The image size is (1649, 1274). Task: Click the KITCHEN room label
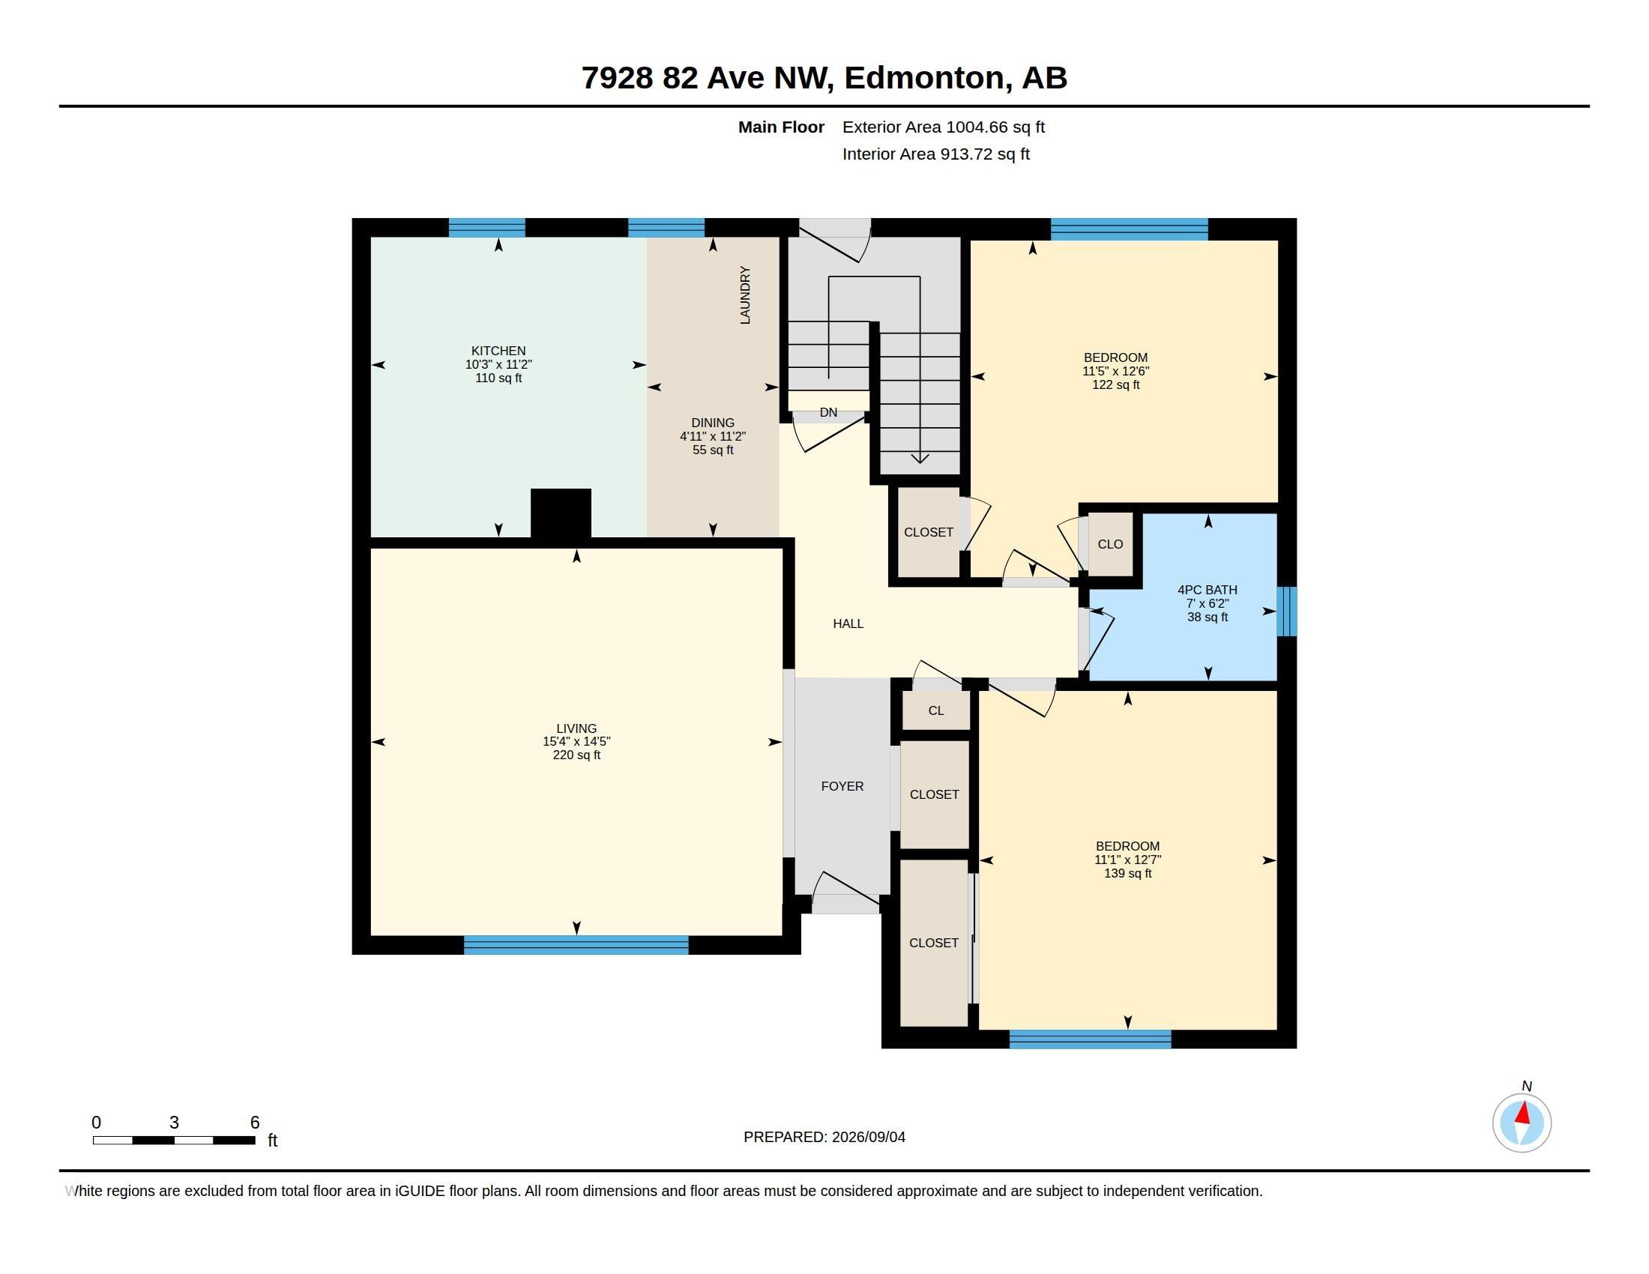(x=498, y=351)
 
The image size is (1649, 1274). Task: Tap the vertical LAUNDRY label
(x=745, y=295)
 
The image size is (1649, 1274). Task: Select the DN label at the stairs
(x=828, y=412)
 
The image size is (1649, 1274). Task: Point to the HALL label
(x=848, y=624)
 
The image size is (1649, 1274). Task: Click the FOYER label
(x=842, y=786)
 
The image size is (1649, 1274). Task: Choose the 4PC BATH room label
(x=1208, y=591)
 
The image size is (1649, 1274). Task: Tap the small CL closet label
(x=936, y=710)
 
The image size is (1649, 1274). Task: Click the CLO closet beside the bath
(x=1111, y=544)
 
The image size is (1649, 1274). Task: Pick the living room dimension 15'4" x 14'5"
(x=577, y=742)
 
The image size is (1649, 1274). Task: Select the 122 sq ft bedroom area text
(x=1116, y=385)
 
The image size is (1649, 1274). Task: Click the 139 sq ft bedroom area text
(x=1128, y=873)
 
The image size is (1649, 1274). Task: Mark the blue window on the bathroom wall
(x=1286, y=612)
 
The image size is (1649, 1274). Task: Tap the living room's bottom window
(x=576, y=945)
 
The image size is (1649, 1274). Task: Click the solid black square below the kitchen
(x=561, y=513)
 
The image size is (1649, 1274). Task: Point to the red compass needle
(x=1524, y=1112)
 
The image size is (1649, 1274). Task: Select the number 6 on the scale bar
(x=255, y=1123)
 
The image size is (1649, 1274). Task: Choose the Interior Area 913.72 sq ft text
(x=936, y=154)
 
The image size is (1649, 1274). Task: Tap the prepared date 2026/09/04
(x=868, y=1137)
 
